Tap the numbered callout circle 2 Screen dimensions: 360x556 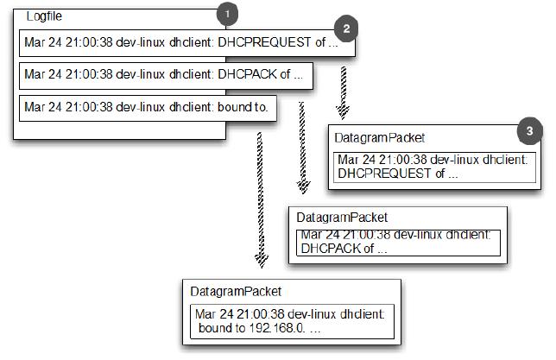tap(345, 28)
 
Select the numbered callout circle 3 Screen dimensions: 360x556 tap(529, 131)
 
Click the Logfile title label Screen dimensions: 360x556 tap(44, 16)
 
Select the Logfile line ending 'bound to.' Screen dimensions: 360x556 tap(146, 107)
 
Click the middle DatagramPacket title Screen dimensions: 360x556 tap(342, 217)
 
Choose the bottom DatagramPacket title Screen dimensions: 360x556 tap(236, 293)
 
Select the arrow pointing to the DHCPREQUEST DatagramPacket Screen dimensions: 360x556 tap(343, 91)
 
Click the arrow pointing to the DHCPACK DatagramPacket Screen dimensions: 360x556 tap(303, 147)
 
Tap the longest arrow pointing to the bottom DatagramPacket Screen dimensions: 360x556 tap(257, 199)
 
